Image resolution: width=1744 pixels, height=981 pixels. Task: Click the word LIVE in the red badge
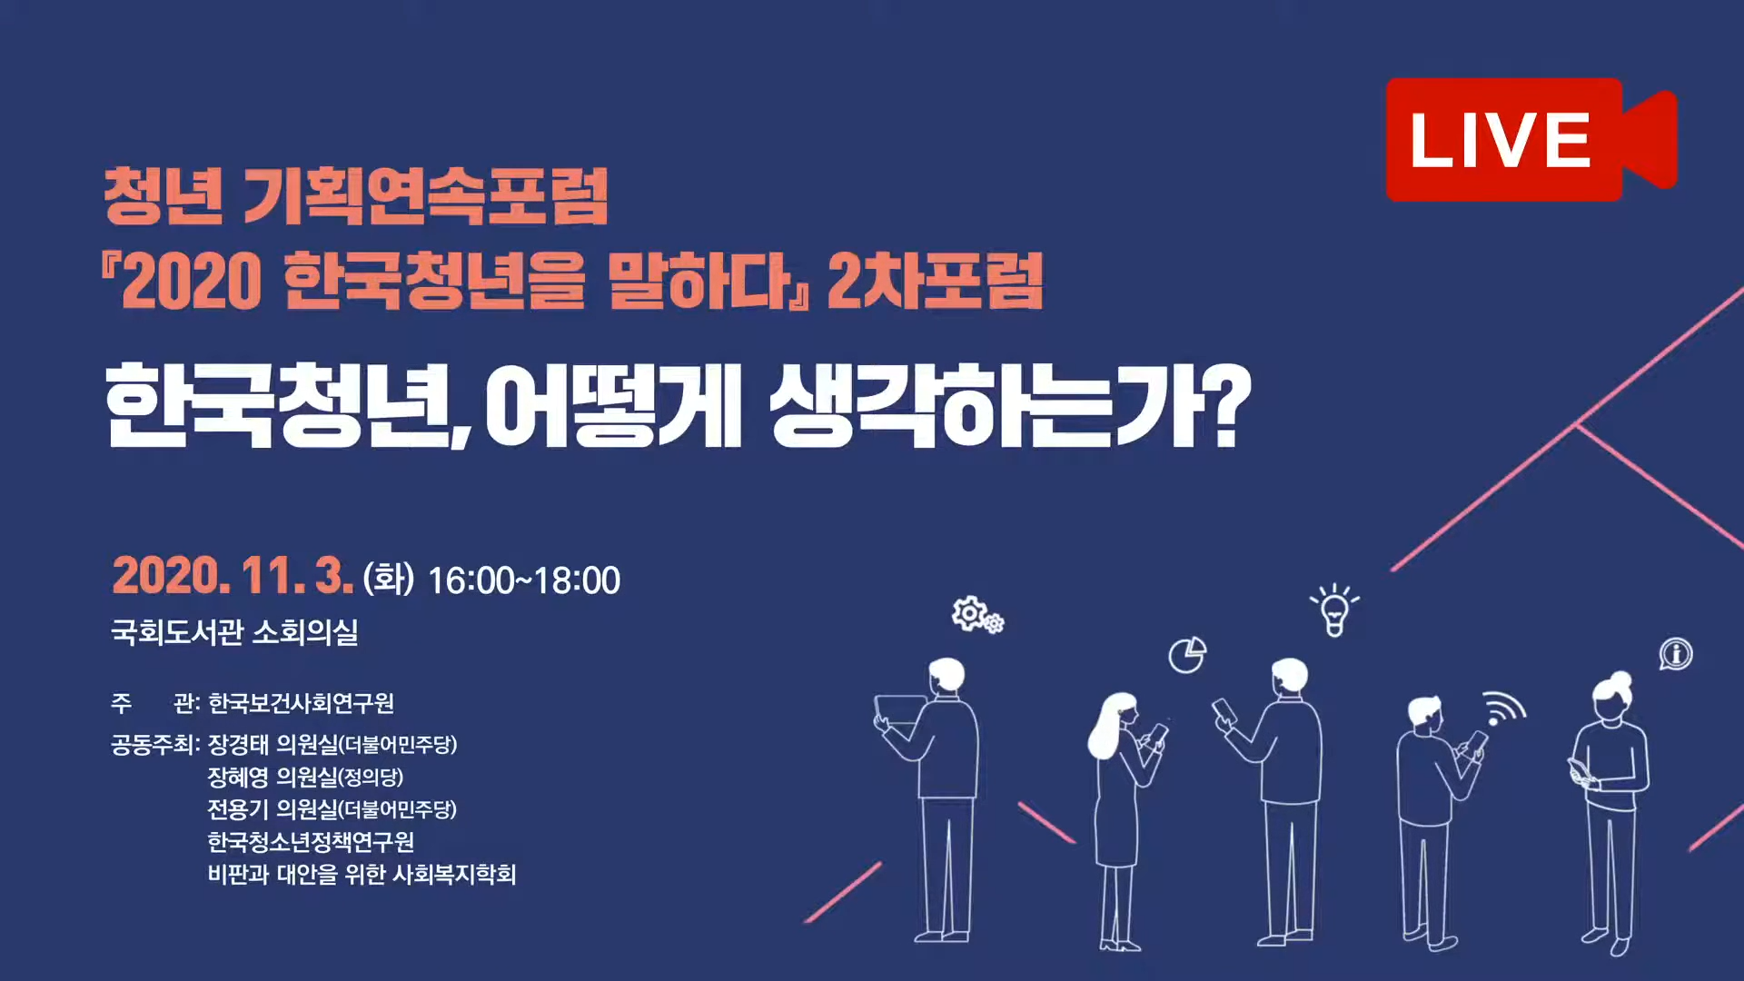click(1501, 141)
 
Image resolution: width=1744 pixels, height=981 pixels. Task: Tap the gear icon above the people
click(976, 615)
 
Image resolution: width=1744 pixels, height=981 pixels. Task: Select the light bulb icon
click(1334, 609)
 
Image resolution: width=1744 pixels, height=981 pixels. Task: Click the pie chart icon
click(1187, 654)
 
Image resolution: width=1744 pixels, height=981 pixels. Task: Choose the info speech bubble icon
click(1676, 654)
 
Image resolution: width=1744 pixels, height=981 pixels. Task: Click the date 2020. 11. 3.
click(233, 576)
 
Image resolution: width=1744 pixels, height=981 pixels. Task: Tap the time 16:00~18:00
click(524, 580)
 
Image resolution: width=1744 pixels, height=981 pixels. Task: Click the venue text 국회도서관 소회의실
click(234, 631)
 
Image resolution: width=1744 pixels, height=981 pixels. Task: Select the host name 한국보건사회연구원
click(301, 703)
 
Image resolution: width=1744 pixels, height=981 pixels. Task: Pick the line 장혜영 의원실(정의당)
click(305, 777)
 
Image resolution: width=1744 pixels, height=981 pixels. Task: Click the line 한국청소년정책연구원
click(311, 842)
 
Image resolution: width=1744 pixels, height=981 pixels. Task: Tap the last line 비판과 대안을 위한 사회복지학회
click(362, 874)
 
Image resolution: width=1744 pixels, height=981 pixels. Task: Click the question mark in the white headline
click(1231, 405)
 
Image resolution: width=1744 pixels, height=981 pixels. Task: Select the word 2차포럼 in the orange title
click(935, 281)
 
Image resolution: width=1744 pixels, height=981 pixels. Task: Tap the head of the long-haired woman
click(1120, 711)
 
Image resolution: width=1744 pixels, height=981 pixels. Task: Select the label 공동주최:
click(155, 745)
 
